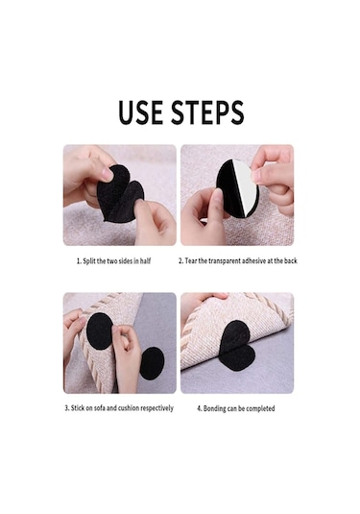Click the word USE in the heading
pyautogui.click(x=140, y=112)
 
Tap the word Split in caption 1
pyautogui.click(x=89, y=261)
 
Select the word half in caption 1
pyautogui.click(x=146, y=261)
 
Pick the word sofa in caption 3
pyautogui.click(x=100, y=408)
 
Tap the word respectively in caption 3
pyautogui.click(x=156, y=408)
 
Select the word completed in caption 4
pyautogui.click(x=260, y=408)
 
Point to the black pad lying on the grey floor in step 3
pyautogui.click(x=152, y=363)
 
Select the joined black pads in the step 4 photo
pyautogui.click(x=237, y=346)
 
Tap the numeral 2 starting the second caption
pyautogui.click(x=180, y=261)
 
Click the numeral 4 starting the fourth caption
pyautogui.click(x=199, y=408)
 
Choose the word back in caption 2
pyautogui.click(x=290, y=261)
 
